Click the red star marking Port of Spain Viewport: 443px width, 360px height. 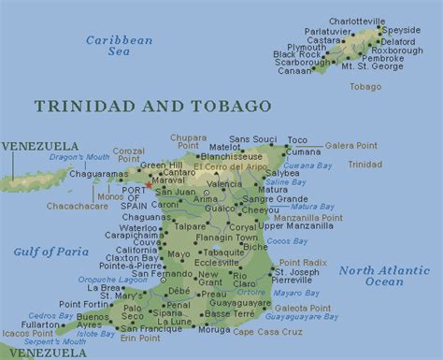pyautogui.click(x=148, y=185)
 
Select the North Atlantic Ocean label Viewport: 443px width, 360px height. pyautogui.click(x=384, y=276)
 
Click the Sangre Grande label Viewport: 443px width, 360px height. pyautogui.click(x=275, y=199)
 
